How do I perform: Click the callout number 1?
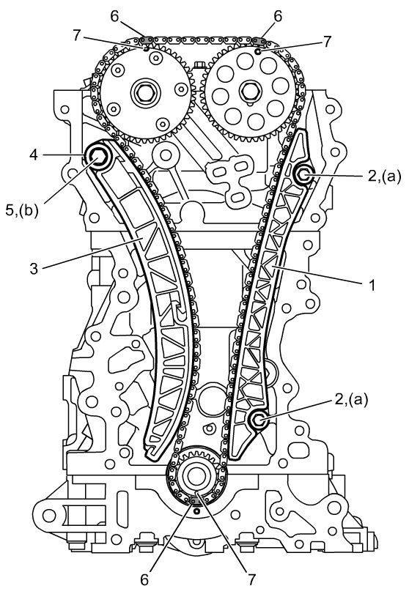[x=372, y=284]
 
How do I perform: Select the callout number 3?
[x=34, y=269]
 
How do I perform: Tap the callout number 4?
[x=34, y=155]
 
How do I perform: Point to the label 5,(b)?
[x=22, y=211]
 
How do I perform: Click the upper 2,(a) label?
[x=383, y=177]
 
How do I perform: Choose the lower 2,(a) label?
[x=350, y=400]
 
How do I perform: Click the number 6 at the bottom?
[x=144, y=580]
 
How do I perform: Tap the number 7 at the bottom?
[x=252, y=579]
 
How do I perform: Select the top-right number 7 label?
[x=327, y=40]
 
